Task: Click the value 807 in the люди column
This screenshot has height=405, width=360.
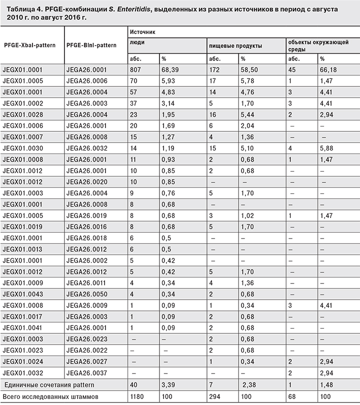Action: click(136, 70)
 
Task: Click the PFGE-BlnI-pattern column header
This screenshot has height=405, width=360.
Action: click(91, 45)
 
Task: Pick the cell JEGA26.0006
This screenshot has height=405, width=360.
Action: click(83, 81)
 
